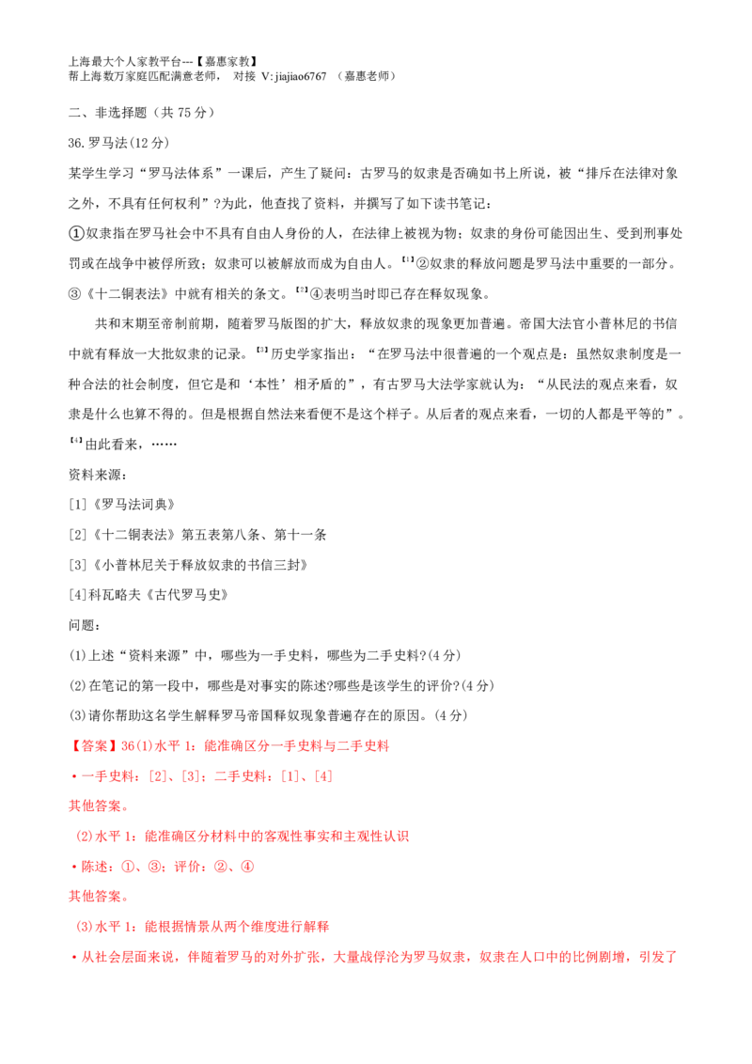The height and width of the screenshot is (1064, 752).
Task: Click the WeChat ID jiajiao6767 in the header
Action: pos(301,77)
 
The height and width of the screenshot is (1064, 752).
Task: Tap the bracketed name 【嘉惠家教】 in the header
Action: pos(227,62)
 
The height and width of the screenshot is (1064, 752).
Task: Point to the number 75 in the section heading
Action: pos(184,113)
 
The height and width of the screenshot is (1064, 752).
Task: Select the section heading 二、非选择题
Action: pos(107,113)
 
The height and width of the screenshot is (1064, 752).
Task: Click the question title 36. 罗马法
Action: pos(98,143)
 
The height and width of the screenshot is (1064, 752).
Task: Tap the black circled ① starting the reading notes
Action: pos(76,233)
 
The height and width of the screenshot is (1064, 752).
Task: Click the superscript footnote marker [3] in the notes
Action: pos(261,351)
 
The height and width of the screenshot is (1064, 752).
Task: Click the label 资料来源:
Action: pos(98,475)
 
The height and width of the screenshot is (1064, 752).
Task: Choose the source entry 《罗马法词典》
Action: pos(133,505)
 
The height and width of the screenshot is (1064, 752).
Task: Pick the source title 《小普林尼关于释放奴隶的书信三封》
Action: pos(199,565)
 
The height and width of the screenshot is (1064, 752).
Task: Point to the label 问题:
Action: pos(85,625)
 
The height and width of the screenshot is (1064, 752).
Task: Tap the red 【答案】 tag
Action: pos(94,745)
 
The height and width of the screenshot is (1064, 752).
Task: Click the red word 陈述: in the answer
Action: pos(98,867)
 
